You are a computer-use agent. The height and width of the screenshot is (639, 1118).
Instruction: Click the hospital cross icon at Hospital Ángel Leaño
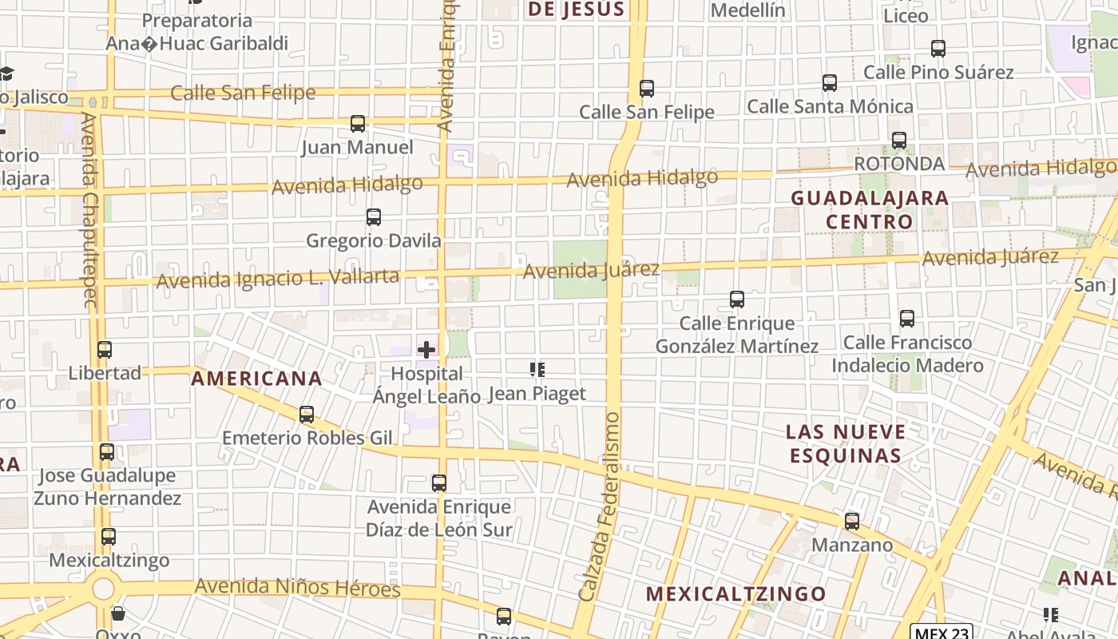point(426,349)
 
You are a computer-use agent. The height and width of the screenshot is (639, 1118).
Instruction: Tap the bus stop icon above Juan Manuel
point(358,124)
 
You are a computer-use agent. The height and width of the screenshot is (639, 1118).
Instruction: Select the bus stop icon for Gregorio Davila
point(373,217)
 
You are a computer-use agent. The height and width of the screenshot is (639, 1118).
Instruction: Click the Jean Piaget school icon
point(537,370)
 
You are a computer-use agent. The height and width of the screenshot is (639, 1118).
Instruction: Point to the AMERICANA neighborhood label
point(257,379)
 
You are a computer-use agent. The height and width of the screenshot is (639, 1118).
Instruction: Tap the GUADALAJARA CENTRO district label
point(870,209)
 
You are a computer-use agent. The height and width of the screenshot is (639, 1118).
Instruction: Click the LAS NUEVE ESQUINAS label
point(846,444)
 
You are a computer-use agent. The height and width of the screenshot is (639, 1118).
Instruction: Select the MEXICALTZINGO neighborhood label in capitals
point(735,594)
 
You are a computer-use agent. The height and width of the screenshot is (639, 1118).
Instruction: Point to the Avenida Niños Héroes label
point(297,588)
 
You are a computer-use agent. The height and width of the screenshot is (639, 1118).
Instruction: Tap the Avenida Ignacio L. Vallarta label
point(277,279)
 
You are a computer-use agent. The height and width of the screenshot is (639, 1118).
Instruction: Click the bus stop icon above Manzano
point(852,522)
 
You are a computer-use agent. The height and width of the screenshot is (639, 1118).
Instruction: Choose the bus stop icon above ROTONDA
point(899,141)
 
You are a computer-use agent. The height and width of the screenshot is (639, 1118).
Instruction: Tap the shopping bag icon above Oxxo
point(118,613)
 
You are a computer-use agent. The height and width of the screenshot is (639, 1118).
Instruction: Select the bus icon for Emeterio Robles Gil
point(307,415)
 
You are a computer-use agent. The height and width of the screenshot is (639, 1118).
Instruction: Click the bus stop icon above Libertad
point(105,350)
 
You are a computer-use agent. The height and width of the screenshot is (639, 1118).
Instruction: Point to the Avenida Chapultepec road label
point(89,209)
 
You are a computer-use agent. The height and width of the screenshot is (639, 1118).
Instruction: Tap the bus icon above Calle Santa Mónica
point(830,83)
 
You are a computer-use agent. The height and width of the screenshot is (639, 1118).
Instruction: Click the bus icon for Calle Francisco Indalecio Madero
point(907,319)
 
